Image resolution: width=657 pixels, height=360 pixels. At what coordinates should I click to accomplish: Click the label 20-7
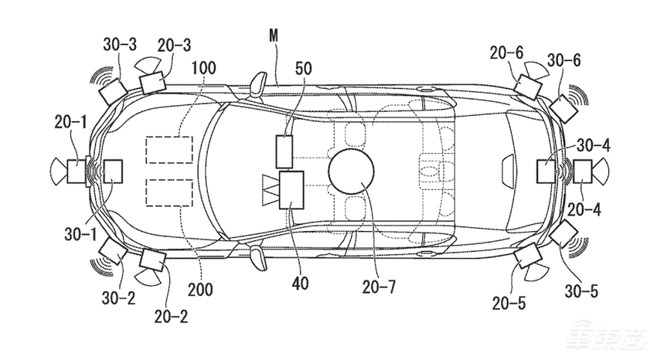coord(379,287)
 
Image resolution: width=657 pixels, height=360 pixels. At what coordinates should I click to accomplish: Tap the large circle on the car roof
coord(351,172)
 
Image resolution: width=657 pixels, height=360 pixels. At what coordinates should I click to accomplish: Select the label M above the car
coord(273,36)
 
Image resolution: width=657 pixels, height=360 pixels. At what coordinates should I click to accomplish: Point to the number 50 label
coord(303,68)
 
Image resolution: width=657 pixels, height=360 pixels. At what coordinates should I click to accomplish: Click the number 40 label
coord(300,284)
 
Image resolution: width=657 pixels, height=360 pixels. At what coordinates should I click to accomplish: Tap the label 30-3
coord(120,44)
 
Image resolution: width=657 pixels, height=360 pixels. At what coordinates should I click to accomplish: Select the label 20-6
coord(506,53)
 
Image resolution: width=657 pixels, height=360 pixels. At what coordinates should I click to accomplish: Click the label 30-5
coord(581,291)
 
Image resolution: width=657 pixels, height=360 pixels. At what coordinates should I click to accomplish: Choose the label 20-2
coord(171,317)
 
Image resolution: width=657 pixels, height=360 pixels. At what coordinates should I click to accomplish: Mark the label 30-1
coord(81,234)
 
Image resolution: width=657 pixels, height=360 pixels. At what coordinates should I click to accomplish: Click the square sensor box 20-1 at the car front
coord(77,172)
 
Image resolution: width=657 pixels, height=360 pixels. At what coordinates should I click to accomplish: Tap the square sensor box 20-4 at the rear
coord(583,172)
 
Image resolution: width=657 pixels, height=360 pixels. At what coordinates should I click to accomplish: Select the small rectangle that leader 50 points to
coord(284,151)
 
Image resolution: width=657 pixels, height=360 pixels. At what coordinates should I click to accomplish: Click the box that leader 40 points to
coord(291,189)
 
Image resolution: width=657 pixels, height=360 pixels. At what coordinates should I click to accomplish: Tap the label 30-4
coord(594,146)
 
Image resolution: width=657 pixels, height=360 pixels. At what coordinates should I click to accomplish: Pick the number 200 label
coord(200,289)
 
